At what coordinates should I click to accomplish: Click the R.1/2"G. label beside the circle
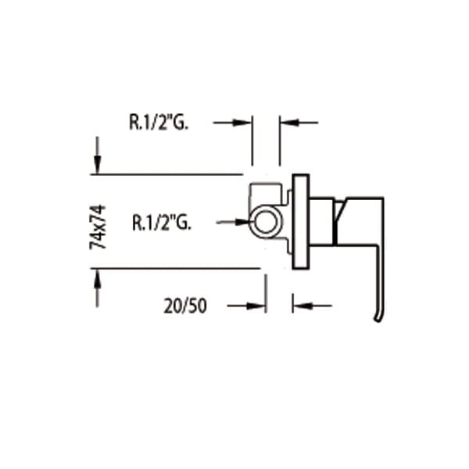[x=161, y=222]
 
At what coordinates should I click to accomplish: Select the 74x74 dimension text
[x=98, y=227]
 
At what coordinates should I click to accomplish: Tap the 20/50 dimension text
[x=185, y=306]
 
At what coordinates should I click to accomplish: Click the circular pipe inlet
[x=265, y=209]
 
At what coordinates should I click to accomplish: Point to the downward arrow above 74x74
[x=97, y=155]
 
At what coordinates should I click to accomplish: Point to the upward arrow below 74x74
[x=97, y=288]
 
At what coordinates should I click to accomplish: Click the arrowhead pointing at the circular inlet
[x=242, y=222]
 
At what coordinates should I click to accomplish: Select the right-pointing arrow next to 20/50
[x=246, y=306]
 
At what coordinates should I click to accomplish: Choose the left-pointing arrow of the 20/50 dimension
[x=312, y=306]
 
